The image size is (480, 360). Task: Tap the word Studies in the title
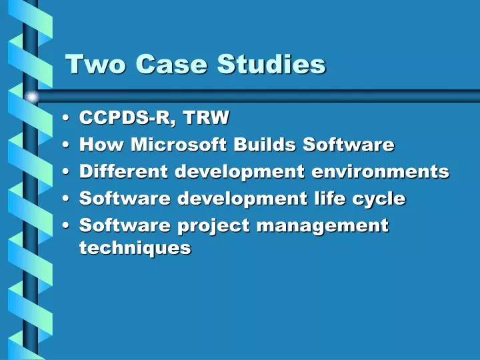pos(271,64)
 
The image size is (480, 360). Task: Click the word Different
pos(124,171)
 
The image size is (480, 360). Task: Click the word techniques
pos(135,248)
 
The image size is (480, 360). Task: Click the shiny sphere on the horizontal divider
pos(32,97)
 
